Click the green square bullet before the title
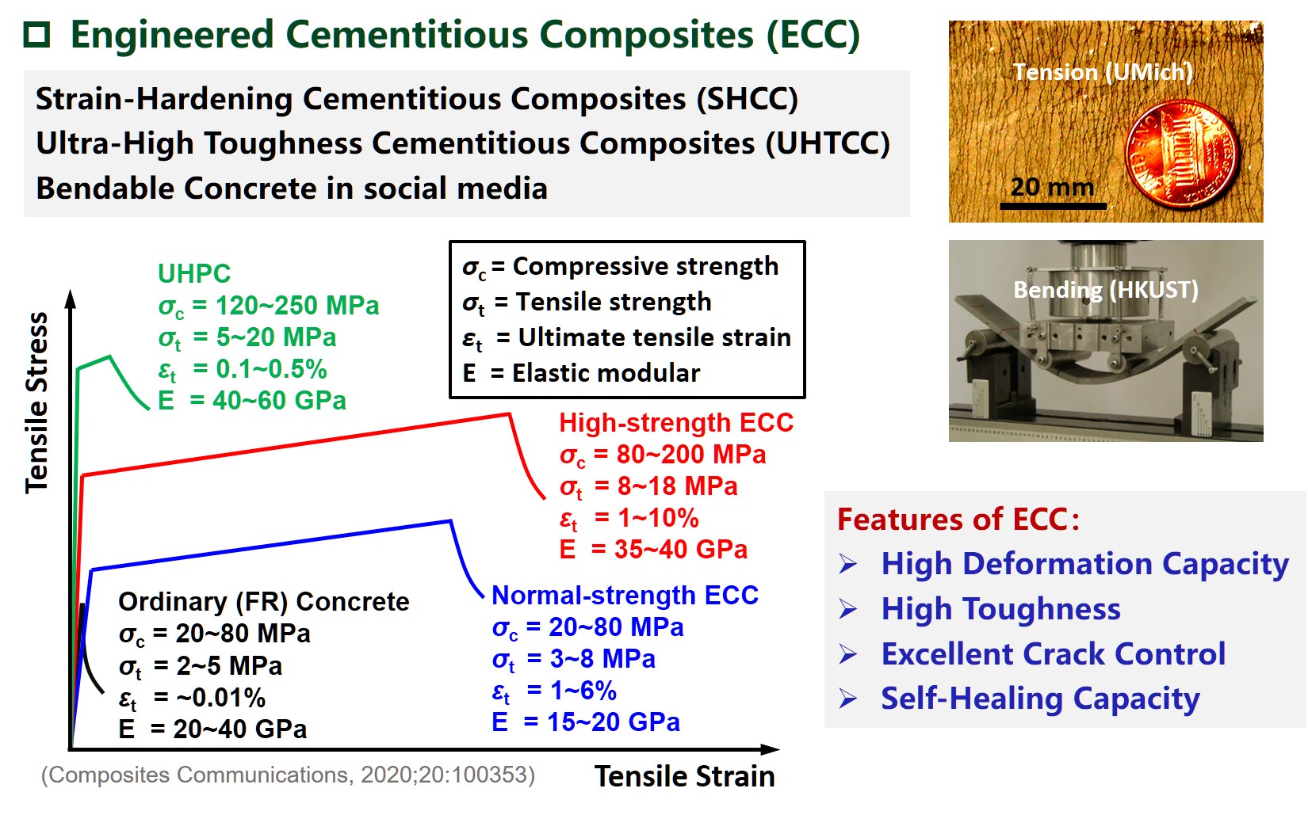coord(36,36)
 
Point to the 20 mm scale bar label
coord(1052,188)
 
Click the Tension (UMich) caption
coord(1103,72)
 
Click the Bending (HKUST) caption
coord(1105,290)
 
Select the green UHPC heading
coord(194,274)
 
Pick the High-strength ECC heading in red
coord(676,423)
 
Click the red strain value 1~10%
coord(658,519)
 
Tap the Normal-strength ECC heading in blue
coord(625,596)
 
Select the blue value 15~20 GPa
coord(614,722)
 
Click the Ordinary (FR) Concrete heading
coord(263,602)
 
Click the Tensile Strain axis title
coord(684,777)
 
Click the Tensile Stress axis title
coord(37,402)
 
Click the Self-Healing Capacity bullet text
coord(1040,699)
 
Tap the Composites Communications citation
coord(288,775)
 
